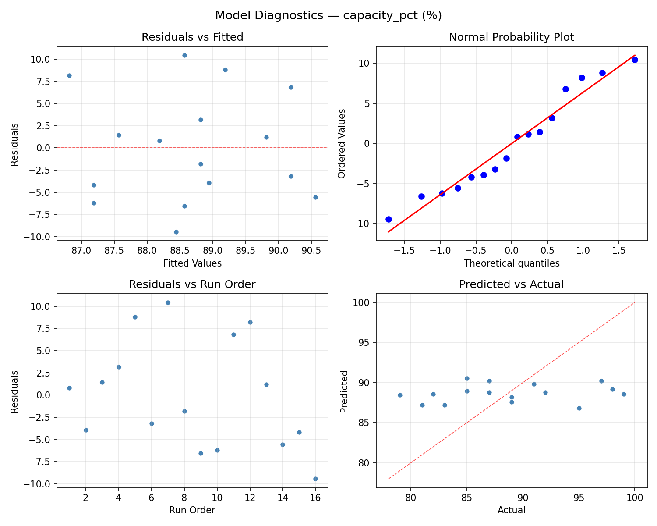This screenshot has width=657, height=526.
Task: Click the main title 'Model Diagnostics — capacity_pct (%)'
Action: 328,15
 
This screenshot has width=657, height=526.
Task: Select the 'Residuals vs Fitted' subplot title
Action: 192,37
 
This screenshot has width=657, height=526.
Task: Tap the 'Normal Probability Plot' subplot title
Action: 511,37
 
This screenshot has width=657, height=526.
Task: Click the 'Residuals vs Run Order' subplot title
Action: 192,284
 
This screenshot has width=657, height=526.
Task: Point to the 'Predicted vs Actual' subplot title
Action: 511,284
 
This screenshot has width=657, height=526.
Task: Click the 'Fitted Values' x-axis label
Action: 192,263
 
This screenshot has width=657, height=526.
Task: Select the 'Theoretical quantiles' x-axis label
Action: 511,263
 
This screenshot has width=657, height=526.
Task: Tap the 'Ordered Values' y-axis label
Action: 342,144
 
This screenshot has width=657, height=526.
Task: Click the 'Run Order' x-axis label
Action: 192,510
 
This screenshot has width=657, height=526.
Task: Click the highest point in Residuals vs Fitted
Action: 184,55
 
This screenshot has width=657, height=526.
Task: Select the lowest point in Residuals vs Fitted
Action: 176,232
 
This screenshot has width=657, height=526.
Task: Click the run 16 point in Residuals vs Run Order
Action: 315,479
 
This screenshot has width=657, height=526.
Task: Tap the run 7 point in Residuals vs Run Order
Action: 168,302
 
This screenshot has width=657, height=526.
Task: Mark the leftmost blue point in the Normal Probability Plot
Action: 389,219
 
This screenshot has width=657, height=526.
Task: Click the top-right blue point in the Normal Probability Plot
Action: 635,60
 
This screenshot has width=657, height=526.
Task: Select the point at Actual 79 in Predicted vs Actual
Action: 400,395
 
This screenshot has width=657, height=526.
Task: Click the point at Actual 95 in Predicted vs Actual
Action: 579,408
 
